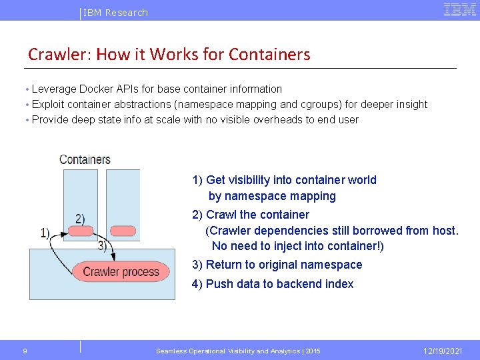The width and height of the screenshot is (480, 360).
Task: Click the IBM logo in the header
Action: (x=460, y=9)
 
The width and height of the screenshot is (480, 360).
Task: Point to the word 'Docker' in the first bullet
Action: (x=97, y=89)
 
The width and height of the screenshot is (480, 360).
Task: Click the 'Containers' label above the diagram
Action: (x=85, y=159)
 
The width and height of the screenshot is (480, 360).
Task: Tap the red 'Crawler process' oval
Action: (x=121, y=271)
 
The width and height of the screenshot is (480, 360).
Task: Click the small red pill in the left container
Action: (x=80, y=231)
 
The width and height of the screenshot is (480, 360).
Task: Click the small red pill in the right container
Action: (x=122, y=231)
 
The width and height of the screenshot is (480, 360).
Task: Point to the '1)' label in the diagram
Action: (x=45, y=233)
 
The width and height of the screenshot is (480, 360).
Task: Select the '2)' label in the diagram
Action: (x=80, y=218)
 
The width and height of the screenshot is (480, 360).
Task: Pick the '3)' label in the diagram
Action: (x=103, y=245)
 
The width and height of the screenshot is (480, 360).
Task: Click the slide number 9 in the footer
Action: (x=25, y=351)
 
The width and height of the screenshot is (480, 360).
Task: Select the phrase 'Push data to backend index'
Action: (x=279, y=284)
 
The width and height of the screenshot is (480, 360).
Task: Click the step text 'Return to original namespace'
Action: (x=284, y=265)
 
